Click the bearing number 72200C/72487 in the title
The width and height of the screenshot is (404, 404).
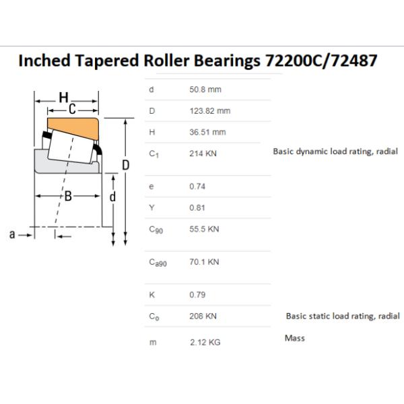pos(321,61)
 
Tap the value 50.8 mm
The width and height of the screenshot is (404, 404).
pos(205,90)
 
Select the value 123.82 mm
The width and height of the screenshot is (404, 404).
pos(210,111)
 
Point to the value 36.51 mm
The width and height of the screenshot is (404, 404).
pos(207,132)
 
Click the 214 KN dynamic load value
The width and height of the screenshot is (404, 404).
pos(203,154)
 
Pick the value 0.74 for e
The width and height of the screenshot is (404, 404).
pos(197,187)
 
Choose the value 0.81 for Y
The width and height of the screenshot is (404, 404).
pos(197,207)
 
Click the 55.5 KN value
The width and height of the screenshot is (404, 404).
pos(204,229)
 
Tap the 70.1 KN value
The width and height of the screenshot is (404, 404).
pos(204,262)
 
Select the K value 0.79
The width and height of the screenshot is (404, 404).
pos(197,294)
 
